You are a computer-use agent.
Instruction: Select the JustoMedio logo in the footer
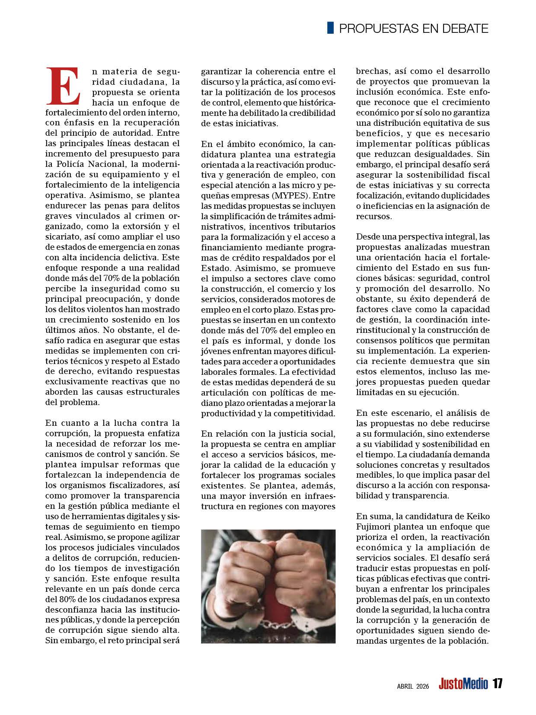463,684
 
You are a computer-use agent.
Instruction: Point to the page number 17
497,684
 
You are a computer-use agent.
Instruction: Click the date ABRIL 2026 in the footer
413,686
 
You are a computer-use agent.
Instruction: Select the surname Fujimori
374,527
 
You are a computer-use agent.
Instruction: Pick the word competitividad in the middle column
302,413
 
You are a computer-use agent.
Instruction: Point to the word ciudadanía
434,454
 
